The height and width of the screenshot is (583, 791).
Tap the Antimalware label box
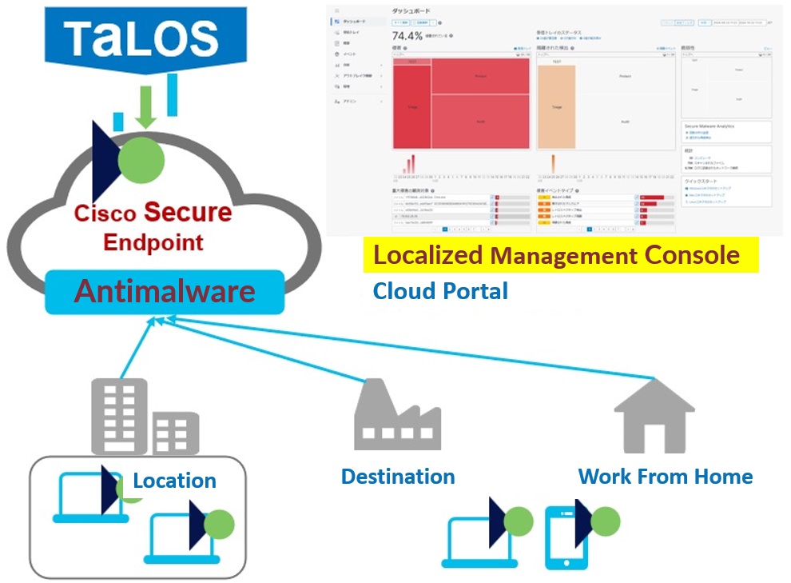click(x=165, y=292)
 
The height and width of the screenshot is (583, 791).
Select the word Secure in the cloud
click(x=188, y=213)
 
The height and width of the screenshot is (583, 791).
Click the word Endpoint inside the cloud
click(x=153, y=242)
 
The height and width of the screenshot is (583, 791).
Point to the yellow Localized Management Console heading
click(x=557, y=256)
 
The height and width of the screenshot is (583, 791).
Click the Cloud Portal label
click(x=440, y=291)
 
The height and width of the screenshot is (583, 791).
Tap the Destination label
click(x=398, y=477)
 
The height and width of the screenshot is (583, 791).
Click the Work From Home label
click(x=666, y=477)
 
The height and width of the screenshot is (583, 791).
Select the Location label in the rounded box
click(x=174, y=481)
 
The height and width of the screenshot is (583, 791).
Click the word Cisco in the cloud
click(x=106, y=214)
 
